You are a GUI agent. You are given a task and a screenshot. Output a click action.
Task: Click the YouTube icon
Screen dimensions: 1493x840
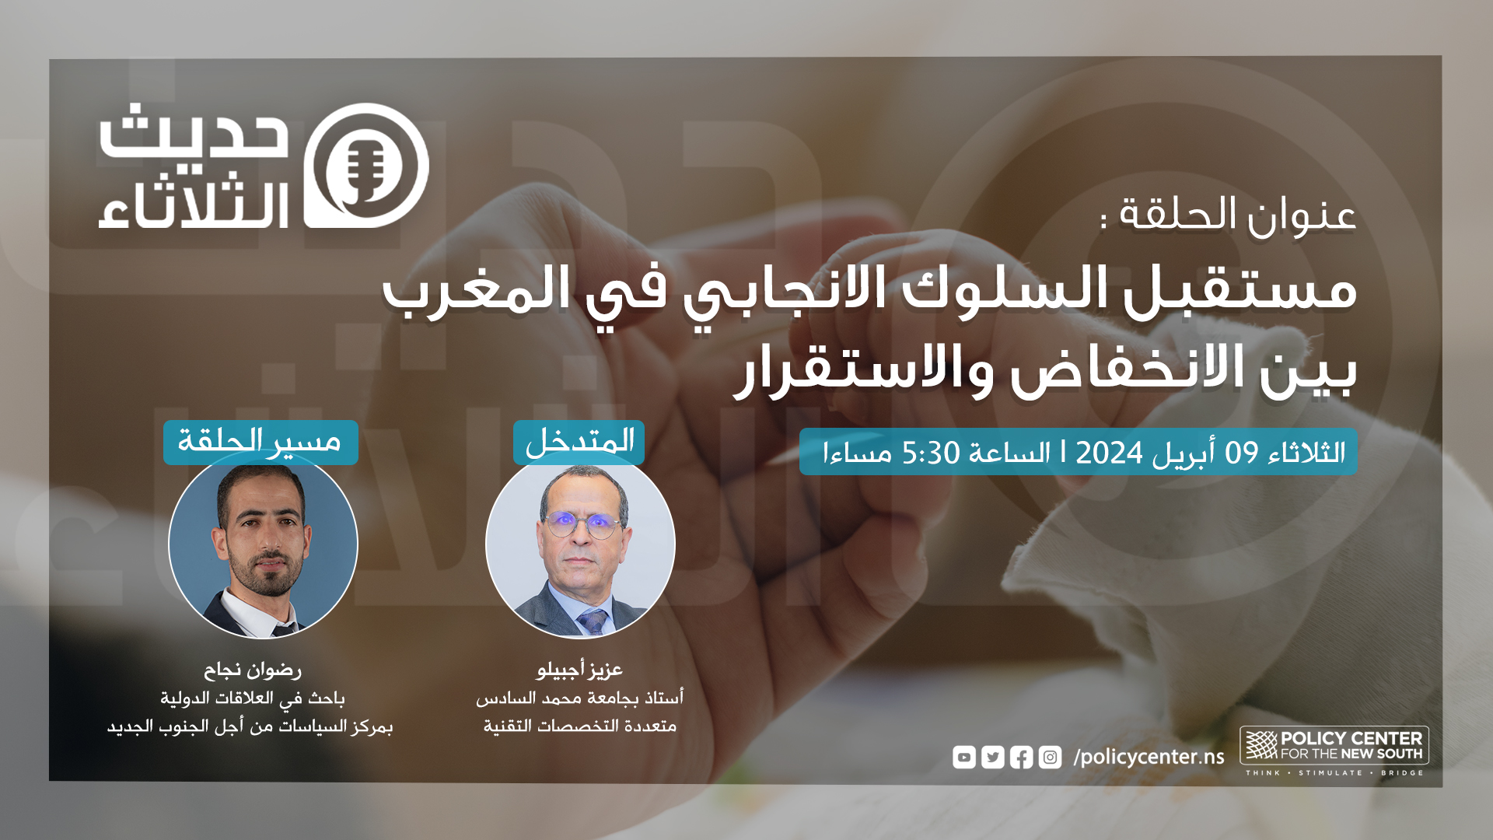click(964, 757)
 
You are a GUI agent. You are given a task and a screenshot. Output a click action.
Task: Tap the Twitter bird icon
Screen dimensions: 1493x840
click(993, 757)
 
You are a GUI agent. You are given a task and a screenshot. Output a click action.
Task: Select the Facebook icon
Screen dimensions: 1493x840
click(1022, 757)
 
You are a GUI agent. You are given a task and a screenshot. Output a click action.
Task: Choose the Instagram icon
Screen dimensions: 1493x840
click(1051, 757)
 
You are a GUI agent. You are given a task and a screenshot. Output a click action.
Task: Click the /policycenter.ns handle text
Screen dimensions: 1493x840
click(1149, 757)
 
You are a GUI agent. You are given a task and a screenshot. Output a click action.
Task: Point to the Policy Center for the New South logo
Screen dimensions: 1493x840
click(1334, 751)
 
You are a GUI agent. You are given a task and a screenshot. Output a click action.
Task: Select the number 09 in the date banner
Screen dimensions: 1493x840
click(1242, 452)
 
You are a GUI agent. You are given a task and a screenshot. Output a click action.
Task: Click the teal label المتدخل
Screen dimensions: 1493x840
click(579, 442)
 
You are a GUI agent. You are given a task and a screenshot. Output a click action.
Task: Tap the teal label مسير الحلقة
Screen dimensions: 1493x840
click(260, 442)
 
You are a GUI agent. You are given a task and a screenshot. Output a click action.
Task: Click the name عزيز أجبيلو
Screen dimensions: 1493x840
click(579, 669)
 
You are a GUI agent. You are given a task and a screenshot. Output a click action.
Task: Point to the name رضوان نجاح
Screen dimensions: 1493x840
click(253, 669)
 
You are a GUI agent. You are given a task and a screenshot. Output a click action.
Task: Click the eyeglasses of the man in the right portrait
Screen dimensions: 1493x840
click(582, 525)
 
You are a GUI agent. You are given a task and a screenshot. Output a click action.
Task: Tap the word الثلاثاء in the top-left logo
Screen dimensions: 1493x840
click(194, 205)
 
